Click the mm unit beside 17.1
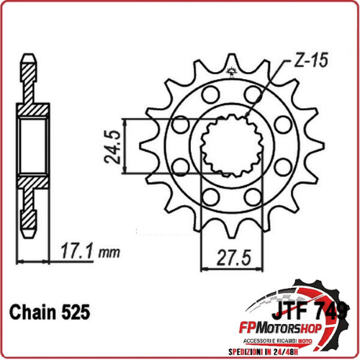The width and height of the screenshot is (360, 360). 109,254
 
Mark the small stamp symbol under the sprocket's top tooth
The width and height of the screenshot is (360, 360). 233,70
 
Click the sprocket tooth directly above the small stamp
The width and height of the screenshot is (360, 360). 232,58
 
